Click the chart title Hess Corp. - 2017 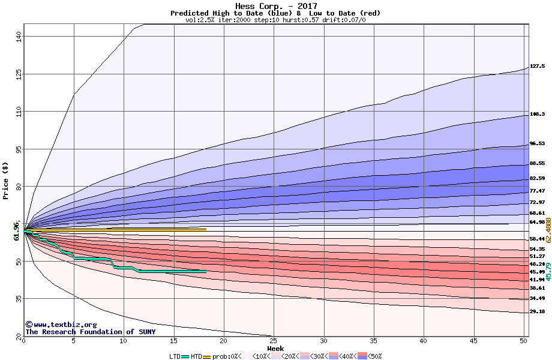point(275,5)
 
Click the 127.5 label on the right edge point(537,66)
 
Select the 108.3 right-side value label point(537,114)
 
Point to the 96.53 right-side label point(537,144)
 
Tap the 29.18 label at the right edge point(537,312)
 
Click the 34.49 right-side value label point(537,298)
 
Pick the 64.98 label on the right point(537,222)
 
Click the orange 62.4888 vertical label point(548,230)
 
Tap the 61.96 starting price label point(16,230)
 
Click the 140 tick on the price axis point(19,36)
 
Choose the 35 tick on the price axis point(19,298)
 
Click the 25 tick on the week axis point(274,341)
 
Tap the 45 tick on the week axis point(473,341)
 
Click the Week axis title point(275,348)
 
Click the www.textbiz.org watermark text point(61,325)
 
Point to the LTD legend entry point(175,356)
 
